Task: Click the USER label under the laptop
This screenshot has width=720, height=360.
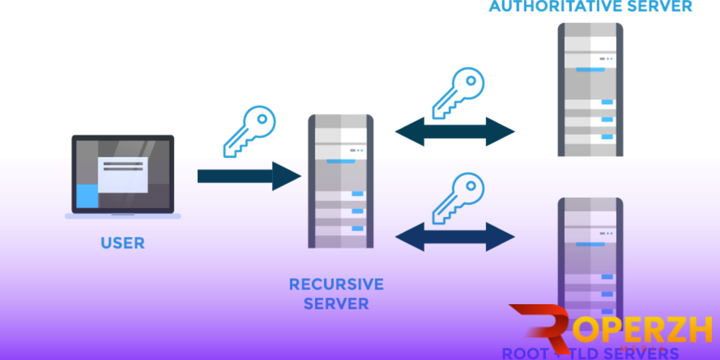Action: pos(122,243)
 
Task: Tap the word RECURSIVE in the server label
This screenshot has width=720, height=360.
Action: pos(336,284)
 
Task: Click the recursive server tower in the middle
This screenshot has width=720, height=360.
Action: pos(340,181)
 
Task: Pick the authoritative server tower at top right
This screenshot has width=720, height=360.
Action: pos(590,90)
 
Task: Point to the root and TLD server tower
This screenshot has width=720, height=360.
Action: pos(590,254)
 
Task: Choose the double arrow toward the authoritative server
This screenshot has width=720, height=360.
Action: pos(454,132)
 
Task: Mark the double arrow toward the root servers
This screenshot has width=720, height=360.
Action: pos(454,237)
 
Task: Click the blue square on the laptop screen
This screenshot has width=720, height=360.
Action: pos(87,195)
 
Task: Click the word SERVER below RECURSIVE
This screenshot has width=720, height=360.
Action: pos(336,303)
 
